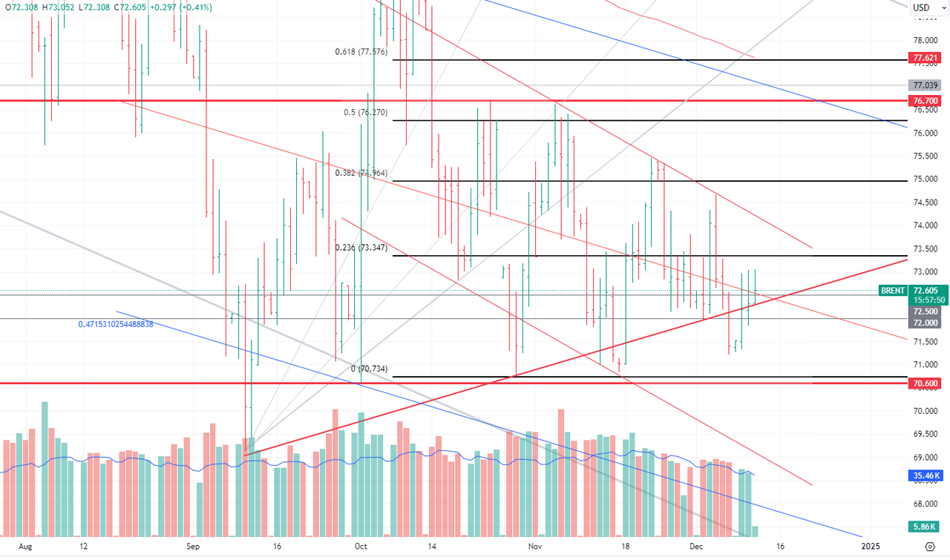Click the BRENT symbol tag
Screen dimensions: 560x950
pos(893,291)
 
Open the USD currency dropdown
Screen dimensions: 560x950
pos(925,8)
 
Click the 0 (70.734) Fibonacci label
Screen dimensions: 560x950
pos(370,369)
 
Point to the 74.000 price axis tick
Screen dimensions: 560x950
pos(925,225)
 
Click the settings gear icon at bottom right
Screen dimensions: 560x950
pos(930,546)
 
